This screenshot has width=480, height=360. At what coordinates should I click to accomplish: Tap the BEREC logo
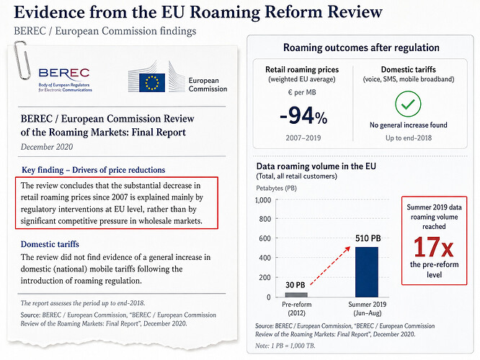pyautogui.click(x=64, y=79)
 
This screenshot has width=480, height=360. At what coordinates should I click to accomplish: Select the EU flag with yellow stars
pyautogui.click(x=152, y=83)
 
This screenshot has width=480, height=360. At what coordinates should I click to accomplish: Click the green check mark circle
pyautogui.click(x=408, y=104)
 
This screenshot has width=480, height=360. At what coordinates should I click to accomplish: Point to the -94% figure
pyautogui.click(x=303, y=116)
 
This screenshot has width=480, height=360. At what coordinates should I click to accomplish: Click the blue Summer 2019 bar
pyautogui.click(x=367, y=272)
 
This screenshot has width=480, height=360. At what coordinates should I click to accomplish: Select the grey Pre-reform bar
pyautogui.click(x=296, y=295)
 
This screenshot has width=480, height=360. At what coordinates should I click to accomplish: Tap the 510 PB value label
pyautogui.click(x=368, y=238)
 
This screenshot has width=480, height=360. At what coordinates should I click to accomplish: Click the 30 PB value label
pyautogui.click(x=295, y=285)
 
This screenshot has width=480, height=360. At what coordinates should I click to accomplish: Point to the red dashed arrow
pyautogui.click(x=330, y=266)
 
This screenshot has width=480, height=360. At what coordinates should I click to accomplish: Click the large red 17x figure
pyautogui.click(x=433, y=247)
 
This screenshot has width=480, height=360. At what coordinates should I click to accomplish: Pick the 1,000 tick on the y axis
pyautogui.click(x=263, y=200)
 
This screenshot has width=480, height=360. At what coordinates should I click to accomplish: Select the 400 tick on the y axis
pyautogui.click(x=265, y=258)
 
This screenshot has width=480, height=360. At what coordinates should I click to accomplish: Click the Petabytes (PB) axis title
pyautogui.click(x=277, y=188)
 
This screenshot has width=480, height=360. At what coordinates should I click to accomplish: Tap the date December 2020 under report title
pyautogui.click(x=47, y=147)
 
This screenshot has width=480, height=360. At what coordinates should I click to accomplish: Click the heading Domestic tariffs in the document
pyautogui.click(x=50, y=244)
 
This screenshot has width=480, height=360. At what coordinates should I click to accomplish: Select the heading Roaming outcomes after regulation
pyautogui.click(x=361, y=48)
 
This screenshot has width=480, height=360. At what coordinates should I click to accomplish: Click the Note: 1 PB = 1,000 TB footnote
pyautogui.click(x=285, y=346)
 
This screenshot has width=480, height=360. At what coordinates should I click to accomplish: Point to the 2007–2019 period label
pyautogui.click(x=303, y=138)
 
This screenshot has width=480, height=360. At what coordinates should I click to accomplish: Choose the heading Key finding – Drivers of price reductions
pyautogui.click(x=94, y=170)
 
